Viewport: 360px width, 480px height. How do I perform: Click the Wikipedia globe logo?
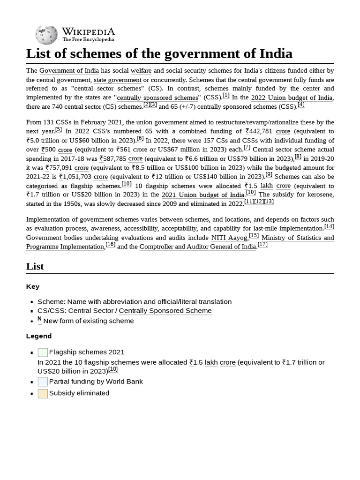tap(46, 34)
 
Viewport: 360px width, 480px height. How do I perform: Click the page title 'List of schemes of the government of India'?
tap(159, 54)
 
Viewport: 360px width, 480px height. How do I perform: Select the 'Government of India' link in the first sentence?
tap(69, 71)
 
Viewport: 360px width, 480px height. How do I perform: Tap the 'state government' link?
tap(117, 80)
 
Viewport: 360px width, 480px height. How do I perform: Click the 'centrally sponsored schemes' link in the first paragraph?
tap(157, 98)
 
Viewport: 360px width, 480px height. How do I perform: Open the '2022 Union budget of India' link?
tap(292, 98)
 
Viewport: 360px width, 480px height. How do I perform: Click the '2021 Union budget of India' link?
tap(202, 195)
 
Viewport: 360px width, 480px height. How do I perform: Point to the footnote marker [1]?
tap(226, 96)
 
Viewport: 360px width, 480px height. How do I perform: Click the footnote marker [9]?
tap(269, 175)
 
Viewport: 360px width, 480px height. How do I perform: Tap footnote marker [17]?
tap(262, 244)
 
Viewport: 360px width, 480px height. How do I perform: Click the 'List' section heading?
tap(35, 266)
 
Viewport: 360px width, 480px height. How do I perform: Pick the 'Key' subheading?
tap(33, 286)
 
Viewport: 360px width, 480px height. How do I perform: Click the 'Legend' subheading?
tap(39, 336)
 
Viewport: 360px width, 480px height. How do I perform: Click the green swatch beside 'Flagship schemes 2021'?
tap(43, 352)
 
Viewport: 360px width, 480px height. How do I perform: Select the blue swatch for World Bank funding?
tap(43, 382)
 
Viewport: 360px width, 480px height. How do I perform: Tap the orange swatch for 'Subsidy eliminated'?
tap(43, 394)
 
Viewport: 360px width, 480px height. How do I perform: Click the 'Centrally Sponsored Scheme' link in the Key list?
tap(165, 311)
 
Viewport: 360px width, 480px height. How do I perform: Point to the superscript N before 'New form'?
tap(39, 319)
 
